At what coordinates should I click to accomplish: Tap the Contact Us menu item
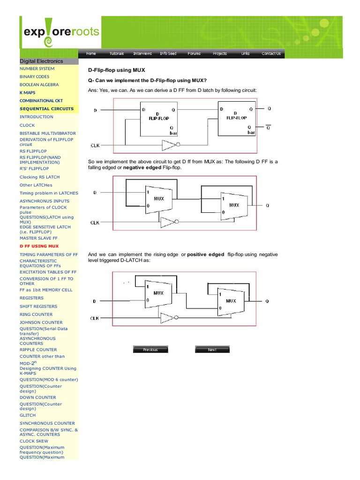[x=271, y=53]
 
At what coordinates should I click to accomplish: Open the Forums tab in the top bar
[x=194, y=53]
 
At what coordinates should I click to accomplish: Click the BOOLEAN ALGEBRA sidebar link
[x=39, y=84]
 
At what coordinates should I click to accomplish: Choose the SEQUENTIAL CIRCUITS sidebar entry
[x=46, y=109]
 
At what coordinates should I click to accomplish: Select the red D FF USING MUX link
[x=39, y=246]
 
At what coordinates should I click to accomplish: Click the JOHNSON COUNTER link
[x=41, y=322]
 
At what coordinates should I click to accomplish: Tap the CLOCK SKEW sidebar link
[x=34, y=441]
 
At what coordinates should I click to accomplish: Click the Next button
[x=212, y=350]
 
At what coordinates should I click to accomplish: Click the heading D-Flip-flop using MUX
[x=113, y=70]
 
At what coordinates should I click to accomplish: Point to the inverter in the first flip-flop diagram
[x=170, y=145]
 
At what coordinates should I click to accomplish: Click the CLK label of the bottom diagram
[x=95, y=318]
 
